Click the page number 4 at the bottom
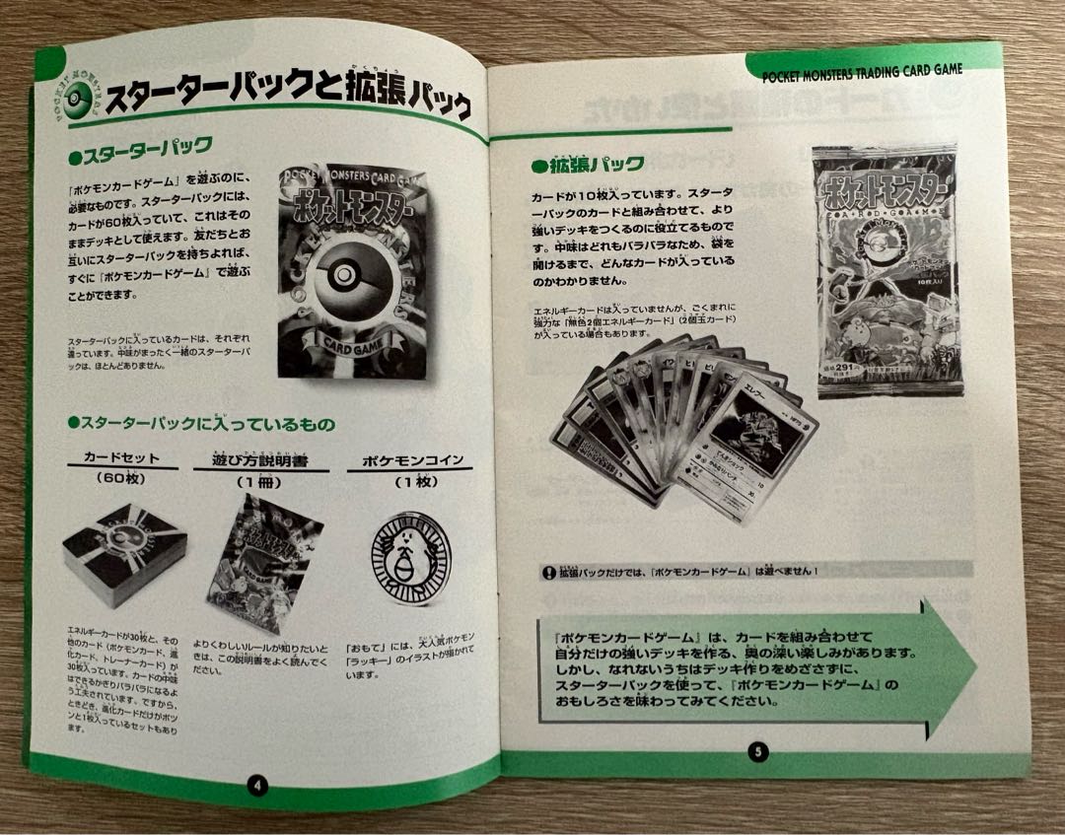(255, 786)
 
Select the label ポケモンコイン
(397, 460)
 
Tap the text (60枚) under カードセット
(121, 479)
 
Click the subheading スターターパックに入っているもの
(199, 424)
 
